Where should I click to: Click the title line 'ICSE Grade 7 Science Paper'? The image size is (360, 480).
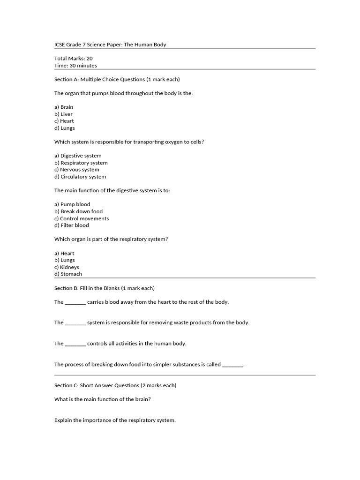coord(110,45)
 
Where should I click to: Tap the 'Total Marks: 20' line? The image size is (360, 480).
coord(74,59)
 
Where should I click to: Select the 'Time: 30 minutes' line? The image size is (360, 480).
coord(75,66)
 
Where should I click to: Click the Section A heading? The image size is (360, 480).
coord(117,79)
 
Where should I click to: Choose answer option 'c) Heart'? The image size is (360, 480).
coord(64,121)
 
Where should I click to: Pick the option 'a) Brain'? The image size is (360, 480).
coord(64,107)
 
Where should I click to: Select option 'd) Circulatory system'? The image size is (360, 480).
coord(80,177)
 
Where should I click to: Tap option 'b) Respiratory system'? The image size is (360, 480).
coord(81,163)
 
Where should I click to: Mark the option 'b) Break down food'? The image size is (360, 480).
coord(78,211)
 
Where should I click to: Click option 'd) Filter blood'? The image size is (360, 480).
coord(71,225)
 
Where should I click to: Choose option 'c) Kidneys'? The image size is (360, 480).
coord(67,267)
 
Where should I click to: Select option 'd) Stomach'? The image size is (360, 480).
coord(68,274)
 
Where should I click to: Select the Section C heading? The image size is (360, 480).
coord(115,385)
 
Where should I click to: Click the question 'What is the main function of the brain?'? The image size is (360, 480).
coord(102,399)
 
